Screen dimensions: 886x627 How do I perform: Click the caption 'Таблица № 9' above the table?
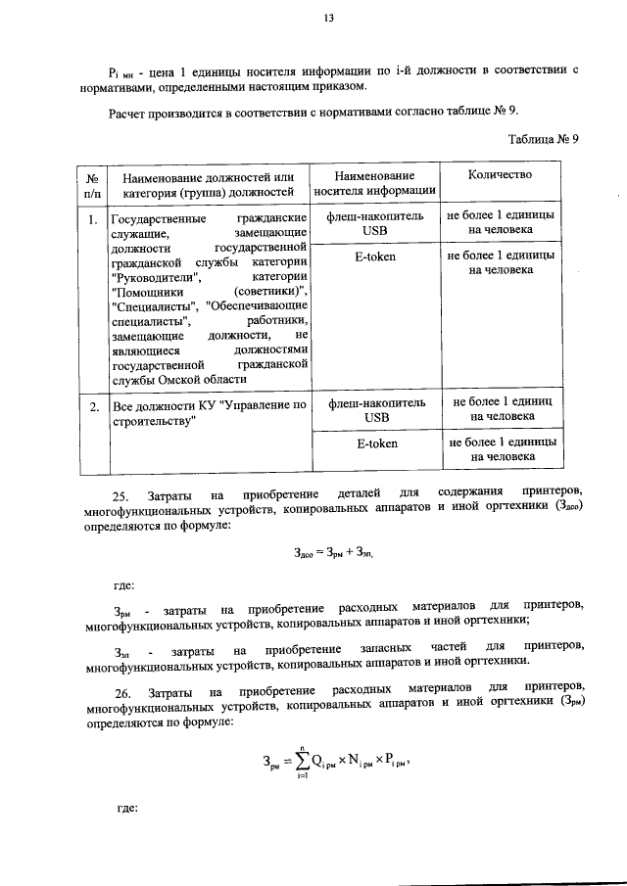point(545,138)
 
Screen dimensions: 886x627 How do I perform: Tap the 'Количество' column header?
point(500,175)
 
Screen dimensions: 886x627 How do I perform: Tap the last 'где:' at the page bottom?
point(123,810)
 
